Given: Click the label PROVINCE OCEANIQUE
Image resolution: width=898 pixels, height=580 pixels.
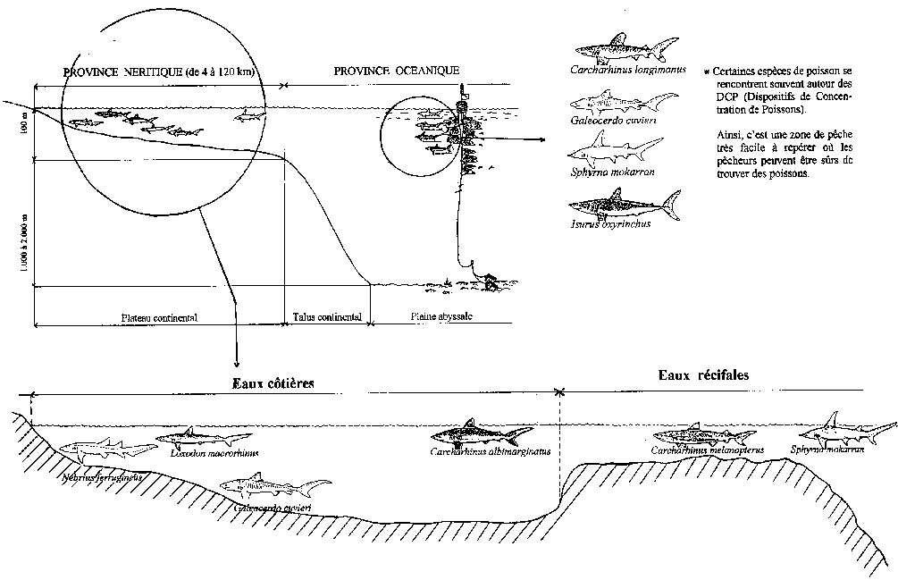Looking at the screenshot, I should point(396,70).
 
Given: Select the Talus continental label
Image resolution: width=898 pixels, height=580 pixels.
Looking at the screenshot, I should point(327,317).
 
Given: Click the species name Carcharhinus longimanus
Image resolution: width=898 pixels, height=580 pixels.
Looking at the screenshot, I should point(626,70).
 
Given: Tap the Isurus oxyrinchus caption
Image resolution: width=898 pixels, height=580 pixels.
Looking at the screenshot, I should point(613,223).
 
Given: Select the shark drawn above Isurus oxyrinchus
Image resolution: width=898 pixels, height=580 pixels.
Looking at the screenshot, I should point(625,205).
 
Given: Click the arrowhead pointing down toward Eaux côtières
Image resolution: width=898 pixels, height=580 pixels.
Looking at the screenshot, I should point(236,362).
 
